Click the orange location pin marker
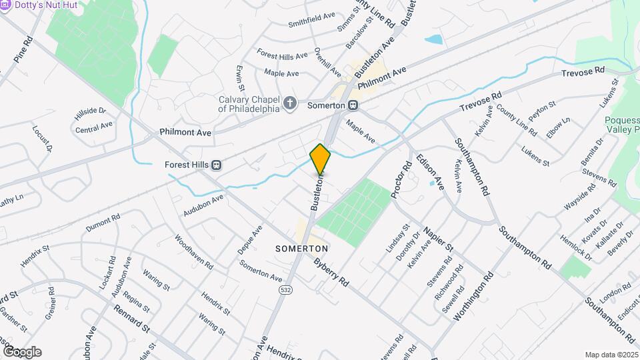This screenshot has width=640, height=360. [x=320, y=159]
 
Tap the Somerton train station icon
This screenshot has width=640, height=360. [x=353, y=105]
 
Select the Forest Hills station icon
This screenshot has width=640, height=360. [x=216, y=165]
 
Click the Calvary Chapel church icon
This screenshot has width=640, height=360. [x=289, y=103]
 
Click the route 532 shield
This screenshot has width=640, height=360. [x=285, y=290]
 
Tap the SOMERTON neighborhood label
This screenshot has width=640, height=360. [x=302, y=248]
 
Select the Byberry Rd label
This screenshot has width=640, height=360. [x=331, y=273]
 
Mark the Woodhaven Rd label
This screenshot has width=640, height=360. [x=193, y=252]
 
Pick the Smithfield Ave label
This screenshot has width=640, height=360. [x=311, y=21]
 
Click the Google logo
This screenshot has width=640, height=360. [x=22, y=351]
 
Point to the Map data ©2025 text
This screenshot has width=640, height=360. [x=610, y=355]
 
